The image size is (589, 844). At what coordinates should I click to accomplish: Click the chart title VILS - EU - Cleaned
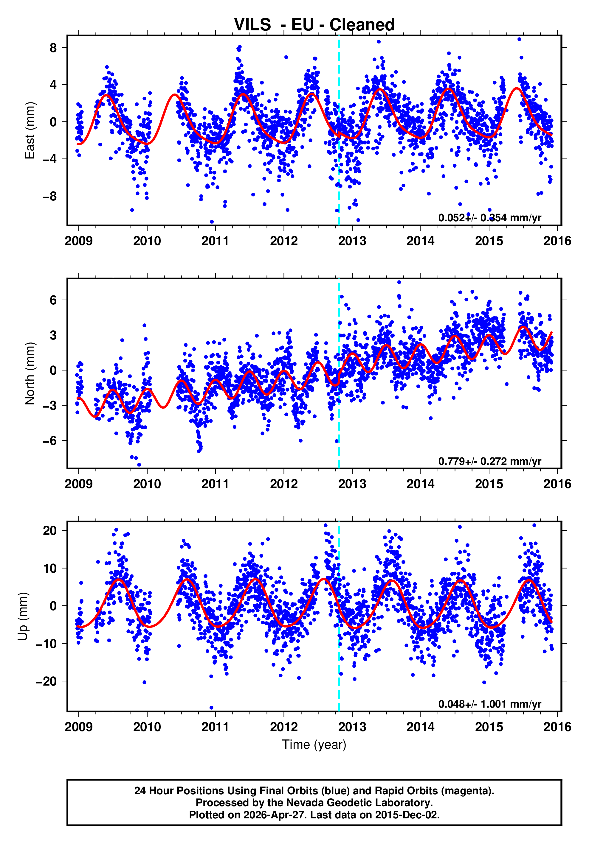314,25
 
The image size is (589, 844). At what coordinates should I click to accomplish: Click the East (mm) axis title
30,130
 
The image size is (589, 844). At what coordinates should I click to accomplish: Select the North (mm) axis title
30,373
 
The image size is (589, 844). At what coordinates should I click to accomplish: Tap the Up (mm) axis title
23,616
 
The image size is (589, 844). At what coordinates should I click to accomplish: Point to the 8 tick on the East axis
53,48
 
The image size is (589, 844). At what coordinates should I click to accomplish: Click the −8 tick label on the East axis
50,196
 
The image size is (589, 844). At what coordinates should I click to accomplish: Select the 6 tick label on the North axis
53,300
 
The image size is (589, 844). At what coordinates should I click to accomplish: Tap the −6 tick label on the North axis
50,440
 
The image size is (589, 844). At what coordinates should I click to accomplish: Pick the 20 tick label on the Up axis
50,530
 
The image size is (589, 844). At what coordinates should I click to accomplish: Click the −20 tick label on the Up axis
46,681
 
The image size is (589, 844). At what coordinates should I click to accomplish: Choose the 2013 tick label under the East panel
352,241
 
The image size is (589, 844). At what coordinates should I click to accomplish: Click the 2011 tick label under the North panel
215,484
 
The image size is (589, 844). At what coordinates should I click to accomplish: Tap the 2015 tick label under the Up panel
489,727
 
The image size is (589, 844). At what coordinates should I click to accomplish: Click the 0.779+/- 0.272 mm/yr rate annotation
490,461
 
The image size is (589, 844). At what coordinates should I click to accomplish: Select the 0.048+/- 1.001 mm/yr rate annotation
490,704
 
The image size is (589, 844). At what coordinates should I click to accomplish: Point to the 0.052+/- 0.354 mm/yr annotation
490,218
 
